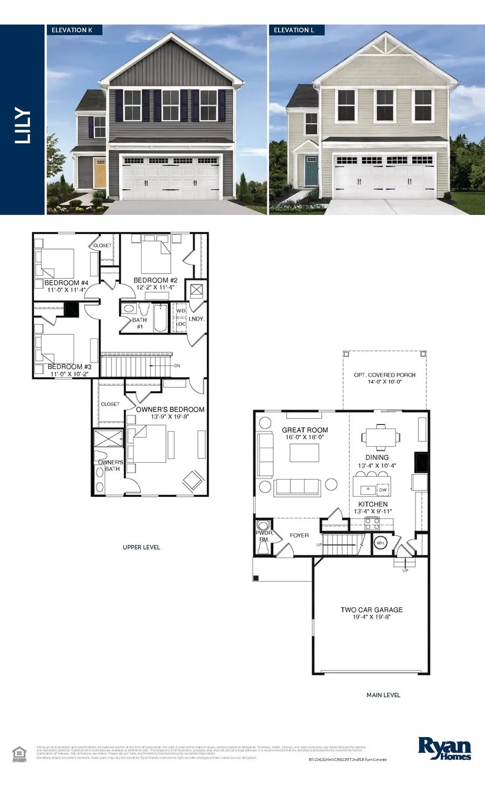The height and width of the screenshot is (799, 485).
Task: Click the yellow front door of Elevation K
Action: coord(99,172)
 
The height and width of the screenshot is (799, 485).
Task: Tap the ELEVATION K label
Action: coord(72,30)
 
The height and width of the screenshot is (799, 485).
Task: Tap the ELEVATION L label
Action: coord(294,30)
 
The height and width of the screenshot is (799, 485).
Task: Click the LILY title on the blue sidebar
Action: coord(23,126)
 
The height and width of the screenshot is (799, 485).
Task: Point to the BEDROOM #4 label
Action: coord(66,283)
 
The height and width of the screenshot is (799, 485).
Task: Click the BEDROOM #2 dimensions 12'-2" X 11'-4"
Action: coord(155,288)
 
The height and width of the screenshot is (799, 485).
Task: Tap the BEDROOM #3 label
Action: coord(70,367)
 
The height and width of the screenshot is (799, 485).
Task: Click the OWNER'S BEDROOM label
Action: coord(170,409)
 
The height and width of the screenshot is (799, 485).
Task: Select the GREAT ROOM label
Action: coord(305,430)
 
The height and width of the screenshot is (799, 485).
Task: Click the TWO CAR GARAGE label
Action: coord(371,610)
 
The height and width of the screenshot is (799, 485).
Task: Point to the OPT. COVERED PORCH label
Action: coord(385,375)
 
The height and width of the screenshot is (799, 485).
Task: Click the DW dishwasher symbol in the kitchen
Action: coord(383,490)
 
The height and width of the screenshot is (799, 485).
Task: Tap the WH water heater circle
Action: coord(380,543)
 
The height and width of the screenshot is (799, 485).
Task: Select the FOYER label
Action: coord(299,536)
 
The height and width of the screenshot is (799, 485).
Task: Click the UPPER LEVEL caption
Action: coord(141,547)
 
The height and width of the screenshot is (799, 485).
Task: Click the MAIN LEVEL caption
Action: coord(383,695)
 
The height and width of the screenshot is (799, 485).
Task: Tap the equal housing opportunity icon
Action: coord(19,753)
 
